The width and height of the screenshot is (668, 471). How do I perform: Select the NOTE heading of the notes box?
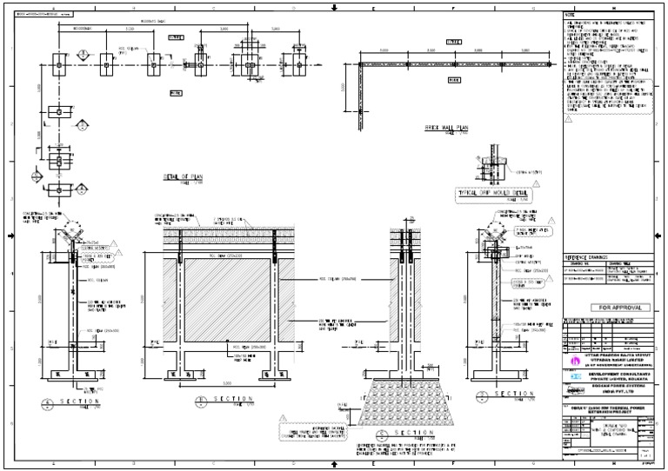[x=571, y=16]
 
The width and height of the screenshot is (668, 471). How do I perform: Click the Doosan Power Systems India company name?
[x=614, y=390]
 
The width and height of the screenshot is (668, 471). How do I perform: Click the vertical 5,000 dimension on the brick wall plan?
[x=345, y=90]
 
